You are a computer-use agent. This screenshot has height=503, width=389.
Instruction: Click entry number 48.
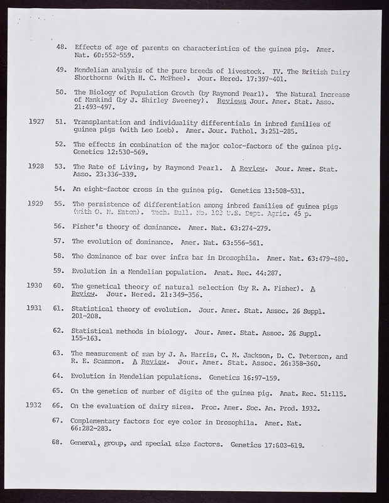62,47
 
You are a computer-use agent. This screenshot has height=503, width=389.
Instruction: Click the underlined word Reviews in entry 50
230,101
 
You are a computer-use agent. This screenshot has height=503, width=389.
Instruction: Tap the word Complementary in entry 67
102,419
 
